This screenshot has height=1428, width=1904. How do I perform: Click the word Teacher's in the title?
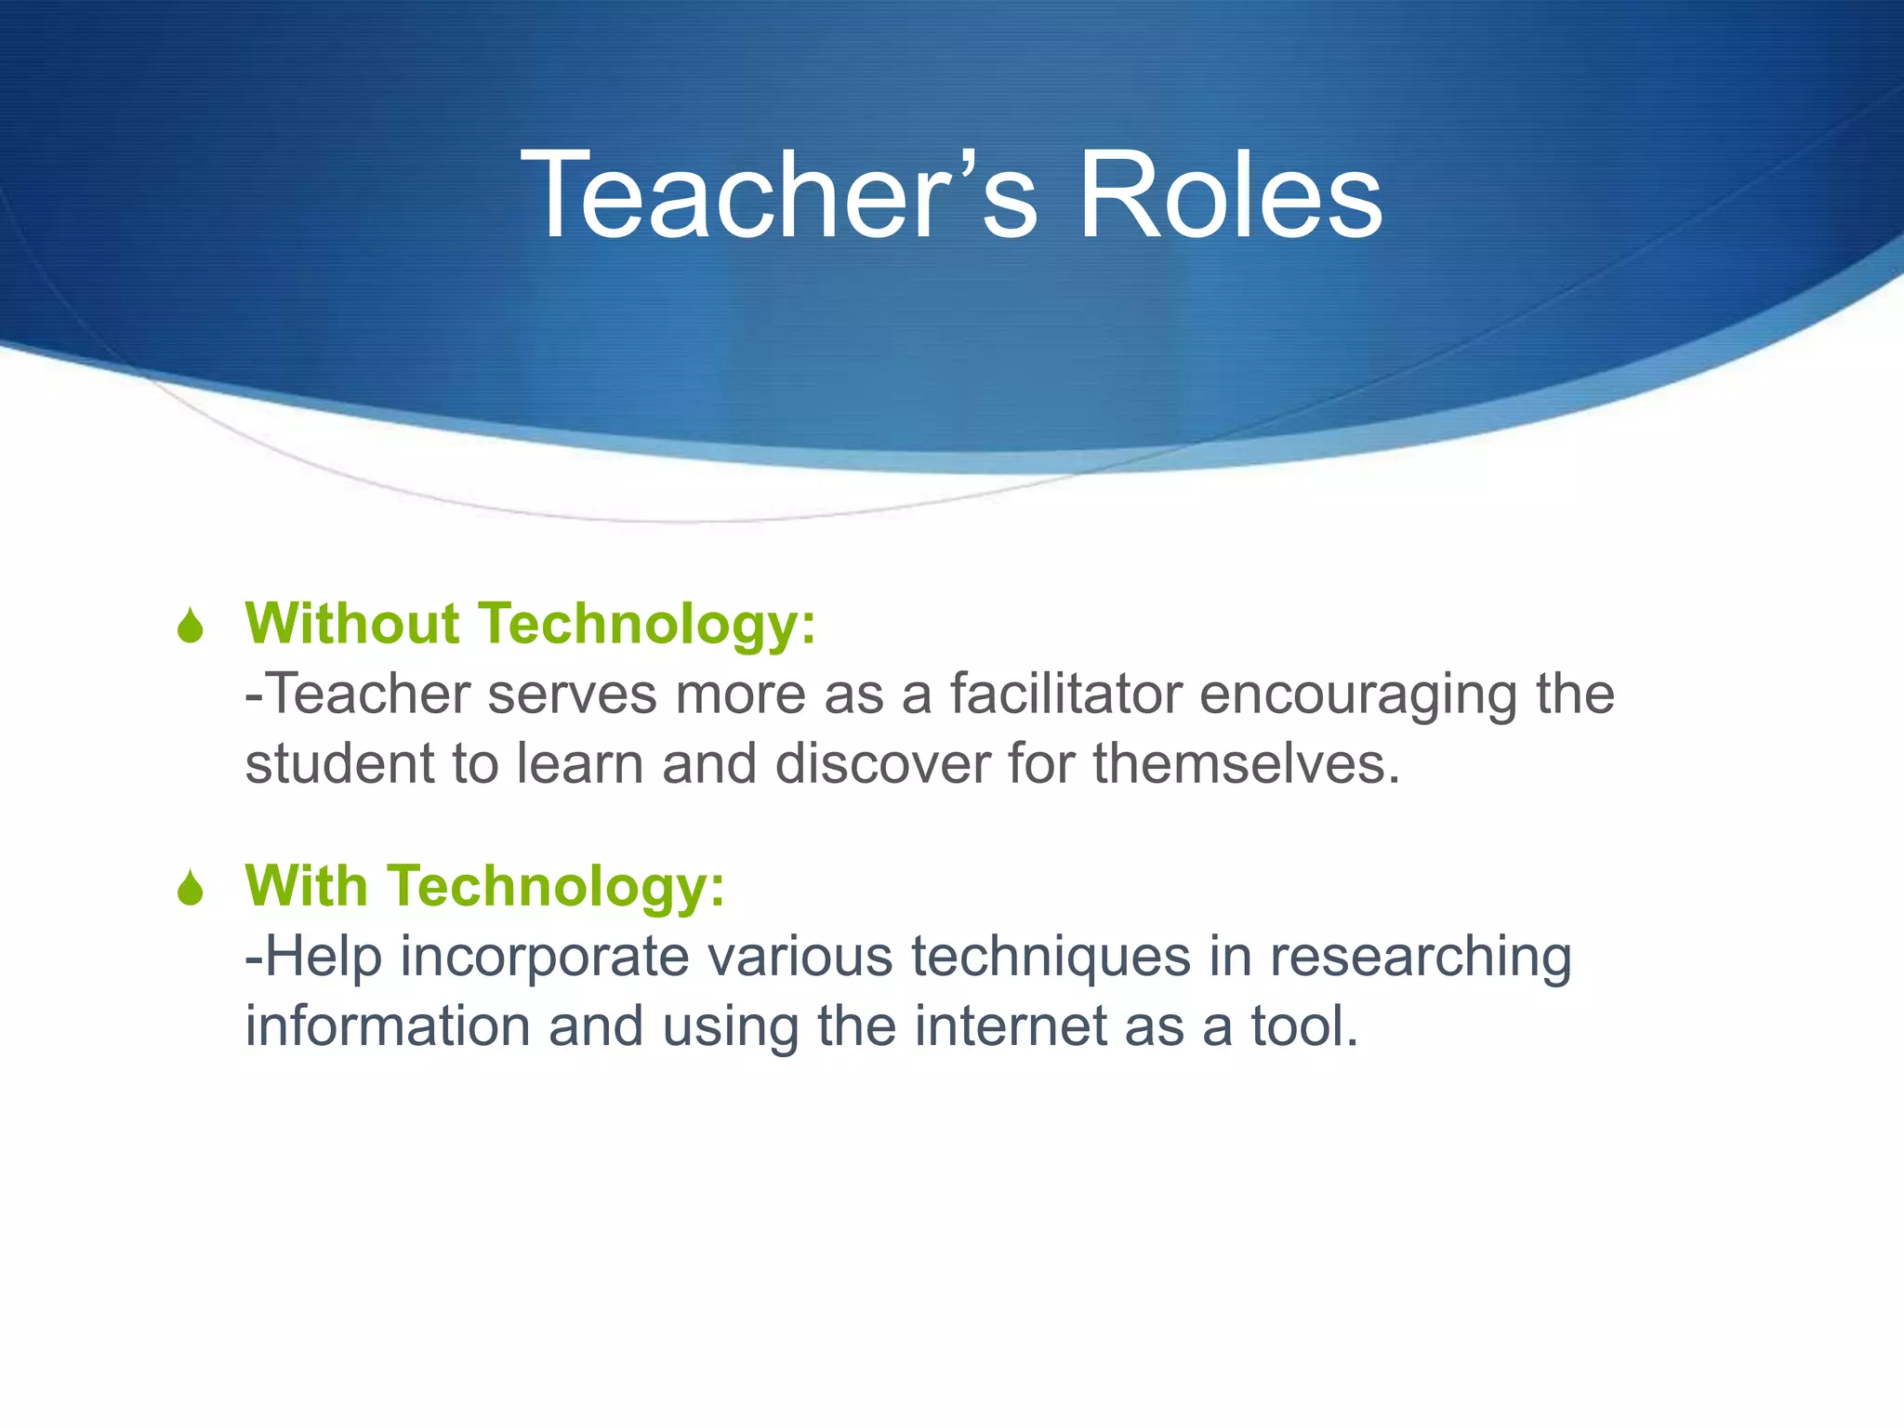777,197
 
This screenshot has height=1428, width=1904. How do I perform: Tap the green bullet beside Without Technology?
191,626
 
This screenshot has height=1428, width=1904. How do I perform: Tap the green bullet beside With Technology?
191,888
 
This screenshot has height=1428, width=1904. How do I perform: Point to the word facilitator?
1065,694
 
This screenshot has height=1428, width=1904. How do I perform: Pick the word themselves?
1246,764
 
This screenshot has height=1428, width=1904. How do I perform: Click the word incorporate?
545,958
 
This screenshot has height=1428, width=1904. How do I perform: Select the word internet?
1011,1026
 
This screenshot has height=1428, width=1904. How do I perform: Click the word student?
339,764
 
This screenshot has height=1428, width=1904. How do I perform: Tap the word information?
388,1026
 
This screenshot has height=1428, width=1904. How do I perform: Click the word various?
800,958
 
